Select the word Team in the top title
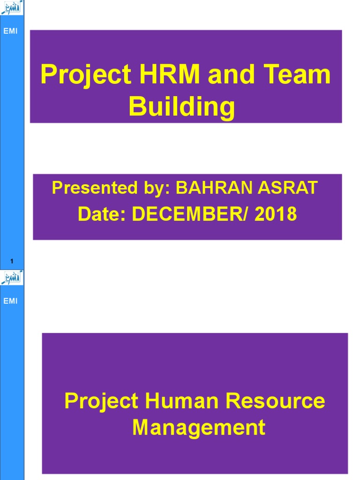click(x=302, y=75)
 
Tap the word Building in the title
click(x=182, y=107)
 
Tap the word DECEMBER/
click(x=191, y=214)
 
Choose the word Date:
click(x=102, y=214)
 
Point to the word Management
click(x=199, y=427)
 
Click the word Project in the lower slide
click(x=101, y=401)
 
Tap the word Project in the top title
click(x=86, y=75)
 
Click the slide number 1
click(x=12, y=261)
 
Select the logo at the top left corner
click(x=12, y=8)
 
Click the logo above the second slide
click(x=12, y=277)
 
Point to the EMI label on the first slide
click(x=10, y=31)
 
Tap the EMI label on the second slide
click(x=10, y=301)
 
